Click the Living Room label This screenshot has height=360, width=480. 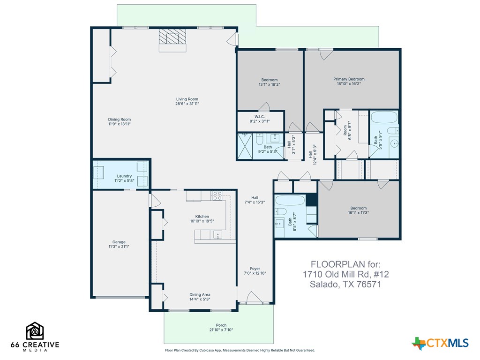click(187, 99)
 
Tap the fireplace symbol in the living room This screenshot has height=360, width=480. click(172, 39)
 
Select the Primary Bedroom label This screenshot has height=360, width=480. click(349, 79)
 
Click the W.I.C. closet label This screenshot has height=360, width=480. click(260, 116)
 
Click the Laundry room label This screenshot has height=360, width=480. click(124, 176)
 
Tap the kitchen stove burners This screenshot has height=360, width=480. click(218, 195)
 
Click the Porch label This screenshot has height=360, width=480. click(221, 325)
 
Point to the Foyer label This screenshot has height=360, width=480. click(255, 269)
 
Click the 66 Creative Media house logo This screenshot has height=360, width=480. click(35, 331)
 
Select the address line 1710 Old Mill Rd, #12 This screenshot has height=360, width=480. click(346, 274)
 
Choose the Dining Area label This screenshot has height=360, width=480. click(200, 295)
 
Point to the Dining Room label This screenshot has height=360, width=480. click(120, 120)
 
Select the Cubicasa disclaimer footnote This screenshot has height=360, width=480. click(240, 350)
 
